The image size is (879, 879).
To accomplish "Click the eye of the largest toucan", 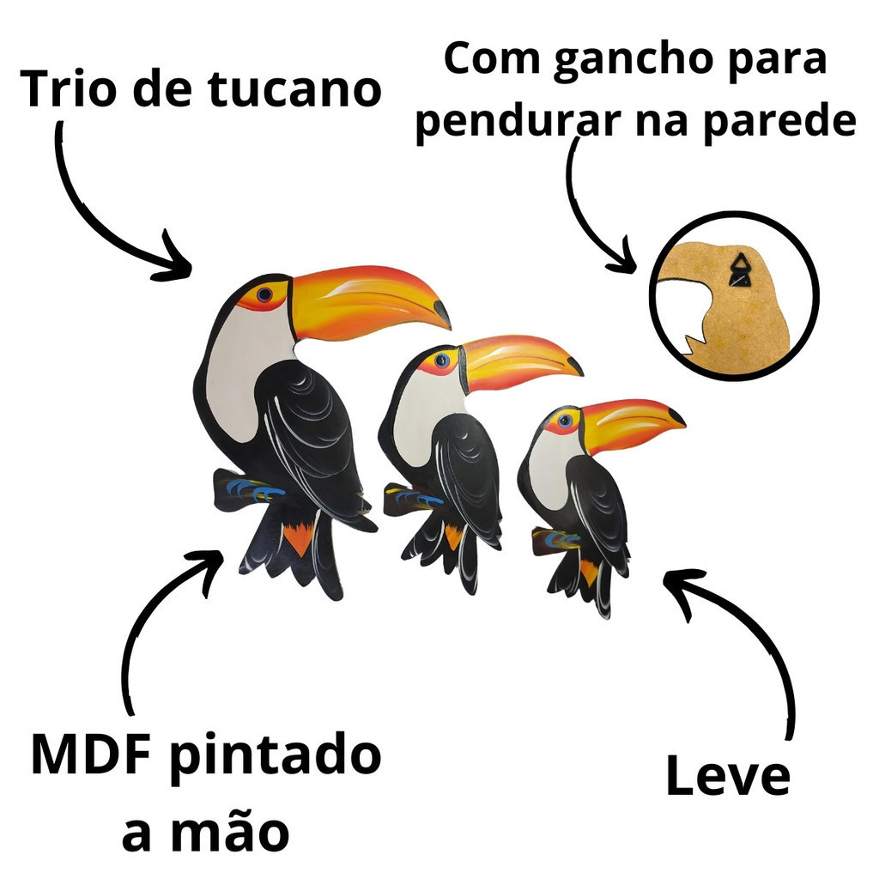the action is point(264,294).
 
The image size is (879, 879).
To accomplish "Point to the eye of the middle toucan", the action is point(442,360).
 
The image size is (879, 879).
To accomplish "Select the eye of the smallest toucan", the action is point(565,420).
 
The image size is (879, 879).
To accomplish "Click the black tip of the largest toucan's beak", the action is point(442,314).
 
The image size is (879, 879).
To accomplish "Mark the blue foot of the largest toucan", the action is point(255,489).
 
